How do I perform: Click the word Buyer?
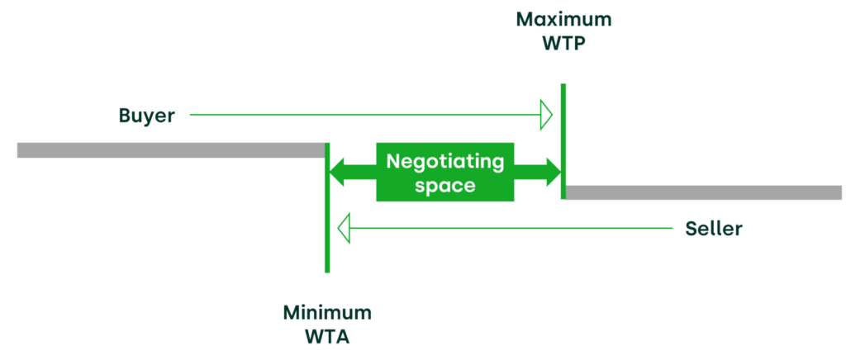coord(146,116)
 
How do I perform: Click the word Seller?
coord(714,229)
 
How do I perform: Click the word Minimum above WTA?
coord(327,313)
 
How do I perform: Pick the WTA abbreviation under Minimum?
coord(327,337)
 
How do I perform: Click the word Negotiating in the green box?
coord(445,161)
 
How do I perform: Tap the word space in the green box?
coord(445,186)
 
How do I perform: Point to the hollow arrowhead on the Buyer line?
coord(546,116)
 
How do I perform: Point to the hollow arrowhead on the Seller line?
coord(345,228)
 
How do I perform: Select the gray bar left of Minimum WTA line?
coord(169,150)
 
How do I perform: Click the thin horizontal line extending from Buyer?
coord(364,116)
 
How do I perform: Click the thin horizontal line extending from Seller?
coord(512,228)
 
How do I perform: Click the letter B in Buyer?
coord(124,116)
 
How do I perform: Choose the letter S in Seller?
coord(692,229)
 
